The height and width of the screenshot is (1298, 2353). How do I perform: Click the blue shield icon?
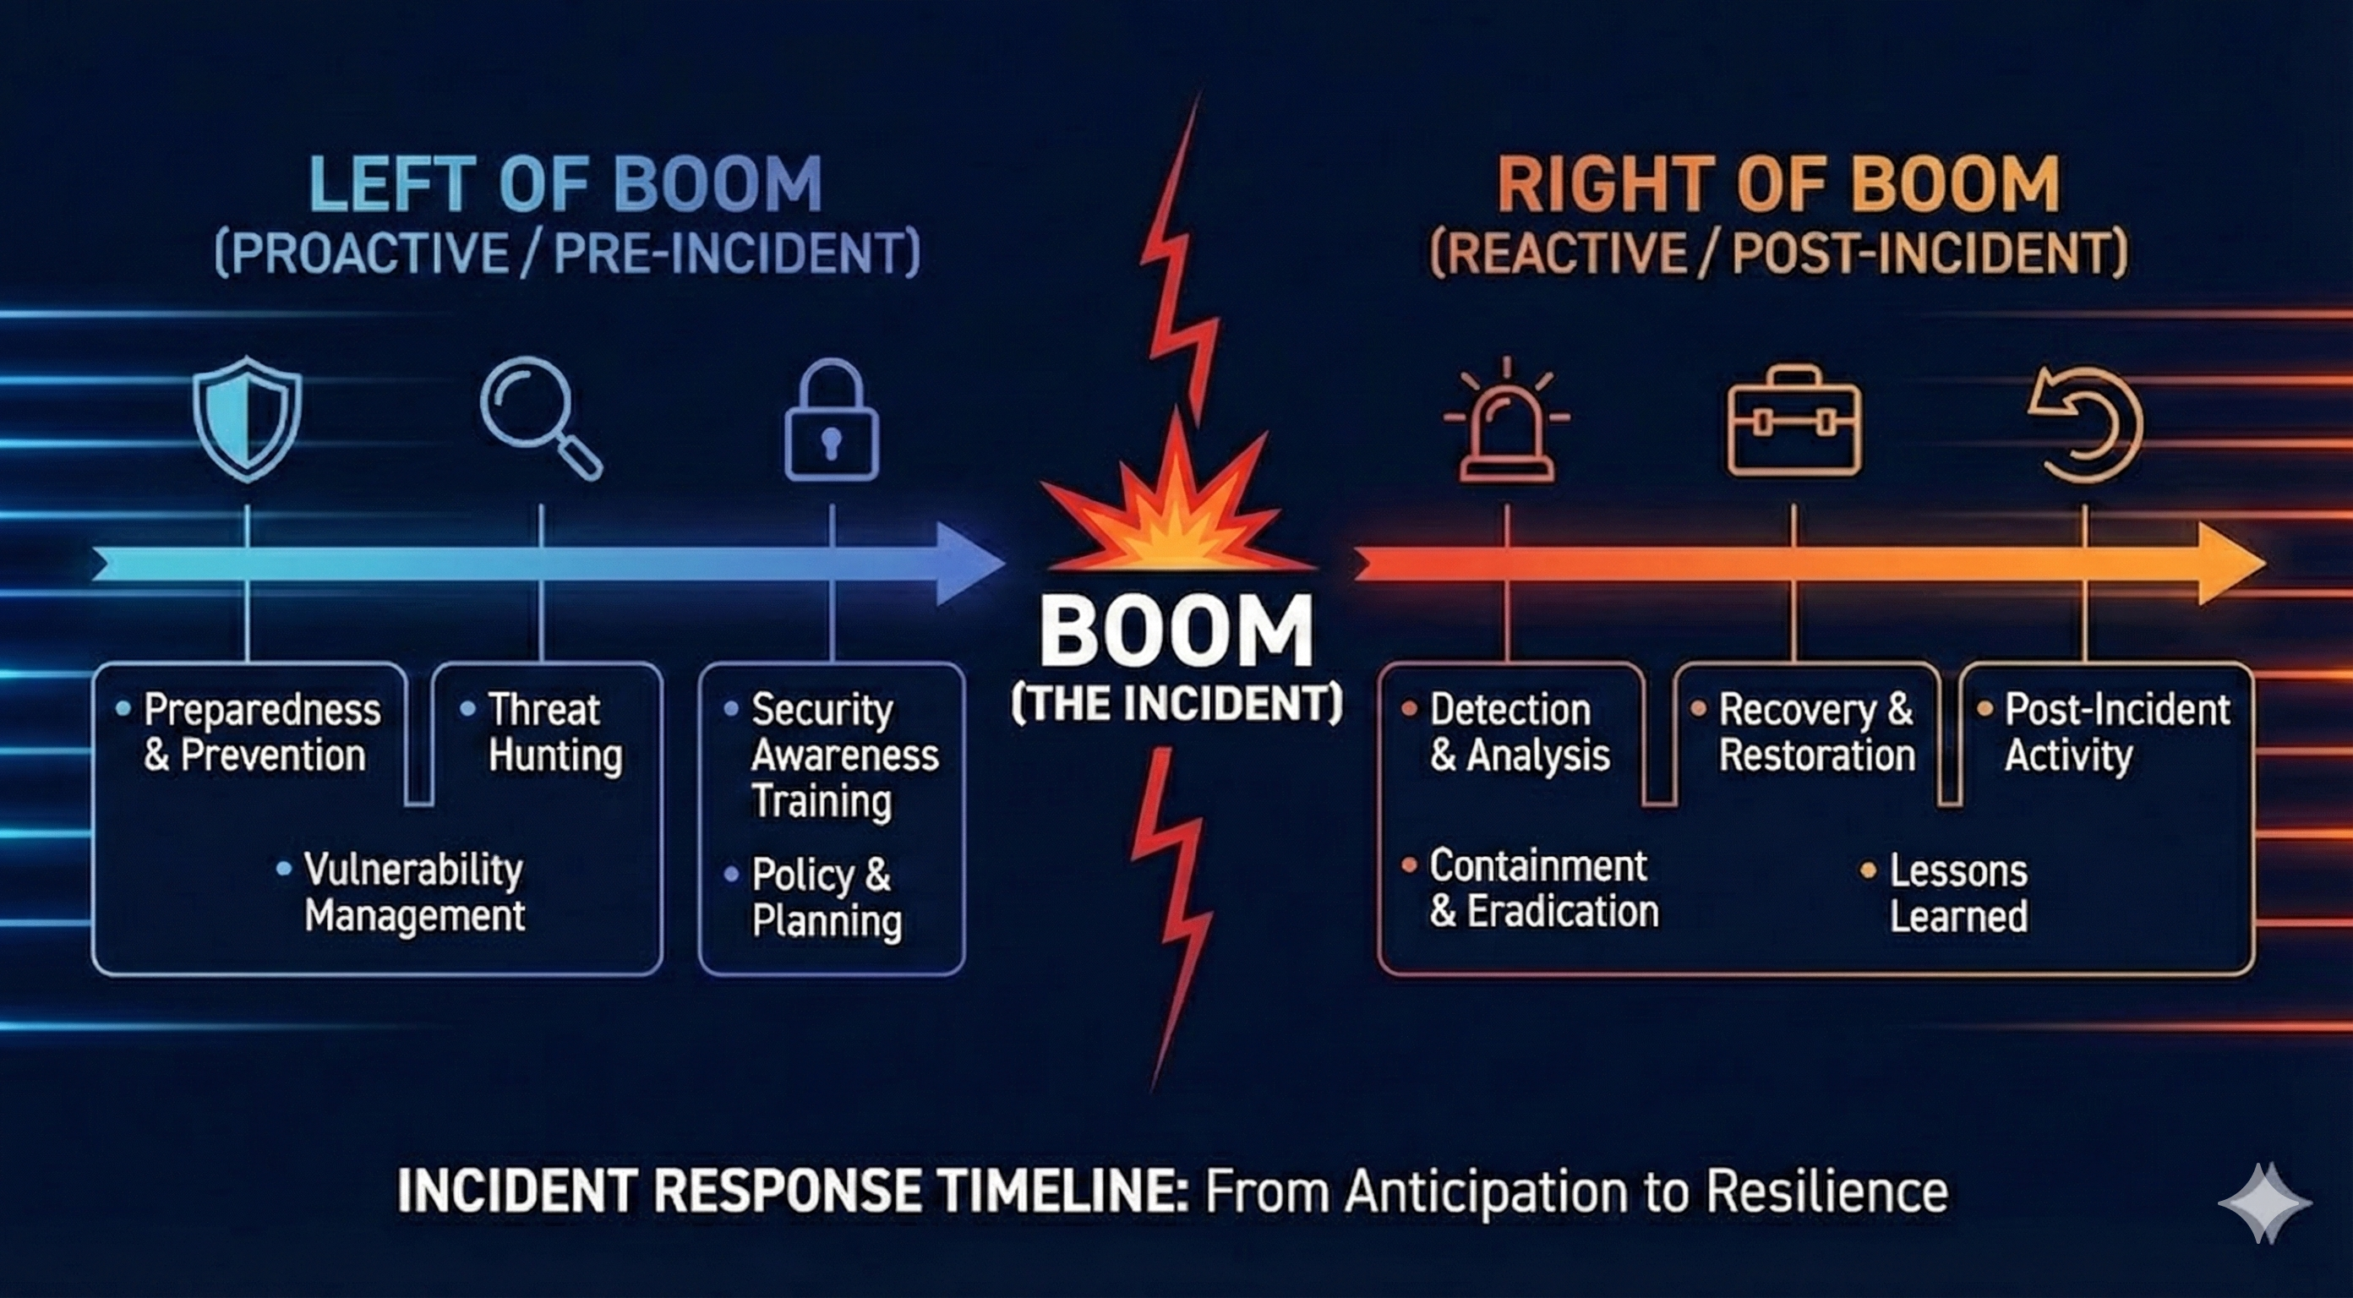coord(247,418)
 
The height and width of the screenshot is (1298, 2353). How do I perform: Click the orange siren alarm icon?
coord(1506,420)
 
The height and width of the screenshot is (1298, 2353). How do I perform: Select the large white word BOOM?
coord(1176,633)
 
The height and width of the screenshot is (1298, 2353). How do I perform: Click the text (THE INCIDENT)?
coord(1176,704)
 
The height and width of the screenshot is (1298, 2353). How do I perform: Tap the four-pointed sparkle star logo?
coord(2264,1203)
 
